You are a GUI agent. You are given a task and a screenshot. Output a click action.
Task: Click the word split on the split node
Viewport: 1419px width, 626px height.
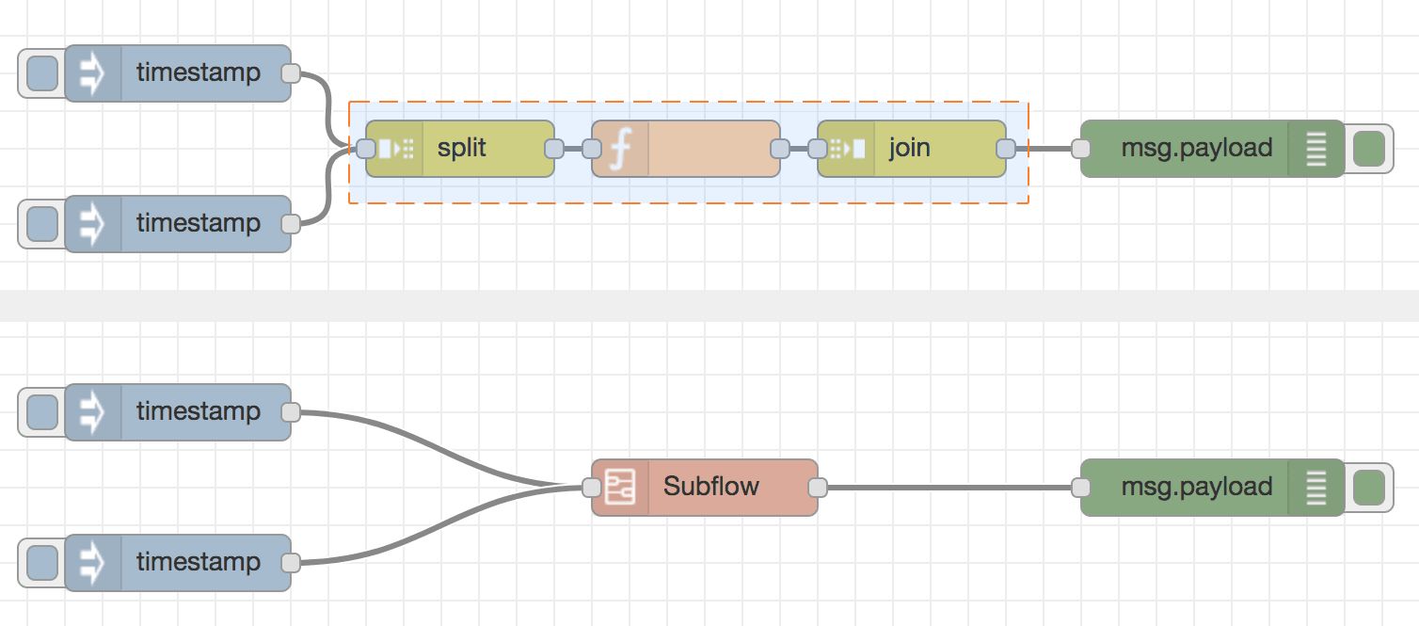click(461, 149)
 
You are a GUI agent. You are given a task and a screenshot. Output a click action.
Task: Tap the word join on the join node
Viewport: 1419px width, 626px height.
click(909, 149)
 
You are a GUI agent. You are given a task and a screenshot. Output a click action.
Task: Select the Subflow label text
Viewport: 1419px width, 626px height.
click(710, 487)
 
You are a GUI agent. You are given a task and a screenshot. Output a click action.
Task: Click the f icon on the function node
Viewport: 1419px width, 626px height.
click(619, 149)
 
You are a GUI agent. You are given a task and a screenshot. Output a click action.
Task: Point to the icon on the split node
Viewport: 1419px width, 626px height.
click(394, 149)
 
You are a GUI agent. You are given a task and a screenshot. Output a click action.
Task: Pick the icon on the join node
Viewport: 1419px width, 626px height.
click(846, 149)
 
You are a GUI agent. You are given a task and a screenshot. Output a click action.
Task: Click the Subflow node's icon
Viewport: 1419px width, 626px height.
click(620, 487)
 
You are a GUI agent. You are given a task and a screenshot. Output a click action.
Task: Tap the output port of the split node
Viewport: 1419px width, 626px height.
click(554, 149)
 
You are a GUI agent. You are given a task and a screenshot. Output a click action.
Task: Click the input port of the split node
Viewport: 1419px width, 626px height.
click(366, 149)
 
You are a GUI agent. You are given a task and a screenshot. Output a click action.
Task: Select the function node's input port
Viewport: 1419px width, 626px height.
click(592, 149)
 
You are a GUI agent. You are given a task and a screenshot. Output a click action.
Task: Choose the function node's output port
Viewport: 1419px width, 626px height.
click(780, 149)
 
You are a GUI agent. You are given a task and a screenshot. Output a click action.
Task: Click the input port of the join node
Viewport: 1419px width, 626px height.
click(818, 149)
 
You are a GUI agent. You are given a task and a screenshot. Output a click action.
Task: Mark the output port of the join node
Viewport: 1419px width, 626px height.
click(1006, 149)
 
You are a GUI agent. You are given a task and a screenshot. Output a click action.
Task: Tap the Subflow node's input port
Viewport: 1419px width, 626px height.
click(592, 488)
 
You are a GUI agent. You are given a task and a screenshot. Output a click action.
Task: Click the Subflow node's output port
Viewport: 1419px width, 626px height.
click(818, 488)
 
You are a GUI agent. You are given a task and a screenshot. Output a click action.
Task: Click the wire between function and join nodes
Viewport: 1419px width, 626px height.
click(799, 149)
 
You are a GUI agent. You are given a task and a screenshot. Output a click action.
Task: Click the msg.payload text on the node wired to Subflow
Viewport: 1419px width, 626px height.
click(1196, 487)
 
